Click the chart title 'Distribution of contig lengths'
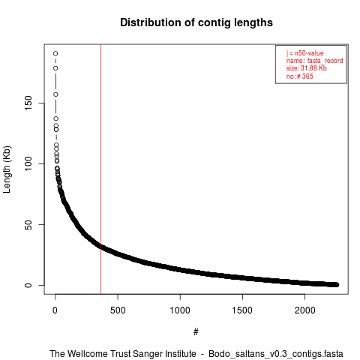tap(196, 22)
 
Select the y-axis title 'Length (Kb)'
tap(7, 169)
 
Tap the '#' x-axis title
tap(196, 332)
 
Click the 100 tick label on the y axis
tap(28, 163)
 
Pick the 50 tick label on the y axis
tap(28, 224)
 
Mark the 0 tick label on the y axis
tap(28, 285)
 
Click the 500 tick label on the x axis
tap(118, 310)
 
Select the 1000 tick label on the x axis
tap(180, 310)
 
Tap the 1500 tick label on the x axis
tap(242, 310)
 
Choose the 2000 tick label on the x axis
tap(304, 310)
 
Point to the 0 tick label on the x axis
tap(55, 310)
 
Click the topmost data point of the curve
tap(55, 53)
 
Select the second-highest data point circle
tap(55, 68)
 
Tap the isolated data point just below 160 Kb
tap(55, 94)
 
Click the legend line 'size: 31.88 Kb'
tap(307, 68)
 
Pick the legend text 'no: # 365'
tap(300, 76)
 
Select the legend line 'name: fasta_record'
tap(315, 61)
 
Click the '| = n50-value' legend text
tap(305, 53)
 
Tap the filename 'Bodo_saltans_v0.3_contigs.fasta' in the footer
tap(276, 354)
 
